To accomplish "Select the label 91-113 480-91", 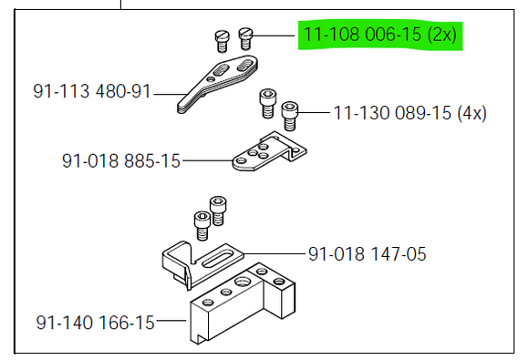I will [x=92, y=91].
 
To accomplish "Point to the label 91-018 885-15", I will [x=121, y=161].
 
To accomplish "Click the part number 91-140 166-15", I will [x=96, y=322].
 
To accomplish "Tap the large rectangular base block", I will [x=237, y=305].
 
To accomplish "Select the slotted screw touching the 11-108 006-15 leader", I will [x=244, y=38].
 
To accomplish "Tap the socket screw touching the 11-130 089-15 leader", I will [x=290, y=114].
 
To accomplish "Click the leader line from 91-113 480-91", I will [x=166, y=92].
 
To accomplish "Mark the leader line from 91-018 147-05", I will [x=274, y=252].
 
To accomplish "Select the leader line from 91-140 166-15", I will [x=171, y=322].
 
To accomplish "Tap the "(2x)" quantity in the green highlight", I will [x=444, y=36].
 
